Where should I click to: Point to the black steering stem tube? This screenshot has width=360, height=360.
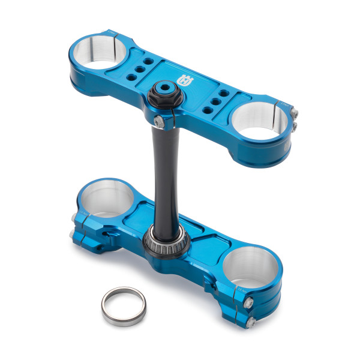coord(161,174)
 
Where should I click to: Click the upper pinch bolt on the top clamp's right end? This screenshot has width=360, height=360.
coord(294,111)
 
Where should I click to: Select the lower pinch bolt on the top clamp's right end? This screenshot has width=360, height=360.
coord(294,125)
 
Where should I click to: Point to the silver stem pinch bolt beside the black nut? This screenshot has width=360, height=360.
coord(157,122)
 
